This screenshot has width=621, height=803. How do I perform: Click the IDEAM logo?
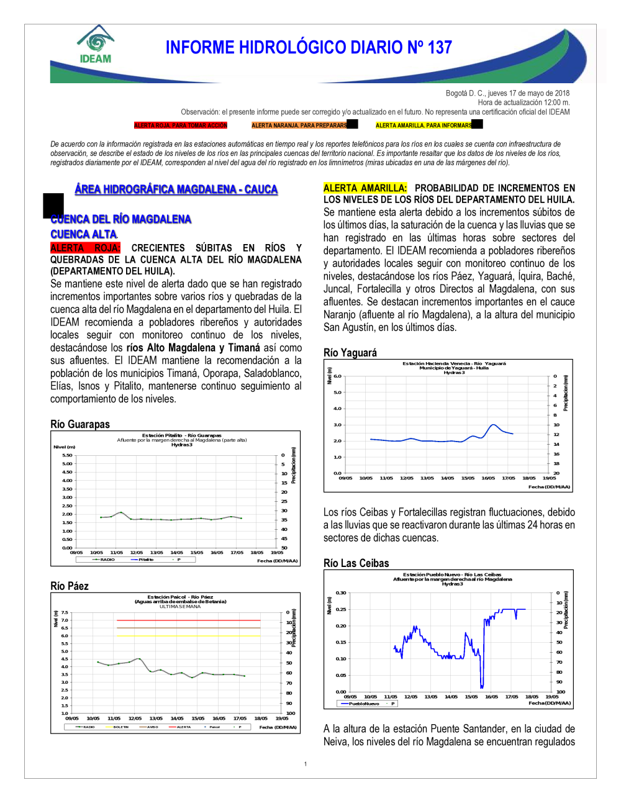(96, 45)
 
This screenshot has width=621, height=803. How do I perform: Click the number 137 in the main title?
(439, 48)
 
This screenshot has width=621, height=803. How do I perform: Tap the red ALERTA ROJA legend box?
(181, 125)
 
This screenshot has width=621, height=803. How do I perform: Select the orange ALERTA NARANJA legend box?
(299, 125)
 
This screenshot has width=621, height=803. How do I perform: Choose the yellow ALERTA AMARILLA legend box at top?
(424, 125)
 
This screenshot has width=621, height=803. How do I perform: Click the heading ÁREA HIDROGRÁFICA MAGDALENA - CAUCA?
(176, 189)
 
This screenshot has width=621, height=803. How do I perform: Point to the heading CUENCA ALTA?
(84, 234)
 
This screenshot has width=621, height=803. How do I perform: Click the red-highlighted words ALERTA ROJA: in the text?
(85, 248)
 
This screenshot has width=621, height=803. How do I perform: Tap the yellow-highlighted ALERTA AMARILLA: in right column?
(365, 188)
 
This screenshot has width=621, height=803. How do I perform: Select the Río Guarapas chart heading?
(80, 424)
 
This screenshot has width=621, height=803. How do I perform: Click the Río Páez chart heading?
(70, 586)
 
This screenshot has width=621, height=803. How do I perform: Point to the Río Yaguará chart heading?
(350, 352)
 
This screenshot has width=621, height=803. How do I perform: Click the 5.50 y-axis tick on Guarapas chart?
(67, 455)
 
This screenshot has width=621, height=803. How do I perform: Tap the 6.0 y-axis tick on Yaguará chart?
(337, 376)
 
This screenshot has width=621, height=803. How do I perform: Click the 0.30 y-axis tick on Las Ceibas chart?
(341, 593)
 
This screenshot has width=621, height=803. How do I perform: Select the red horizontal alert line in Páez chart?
(188, 620)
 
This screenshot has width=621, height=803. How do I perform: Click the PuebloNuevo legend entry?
(363, 704)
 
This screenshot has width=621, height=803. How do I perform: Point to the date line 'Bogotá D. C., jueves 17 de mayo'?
(507, 93)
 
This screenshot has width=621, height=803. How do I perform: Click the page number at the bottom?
(306, 764)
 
